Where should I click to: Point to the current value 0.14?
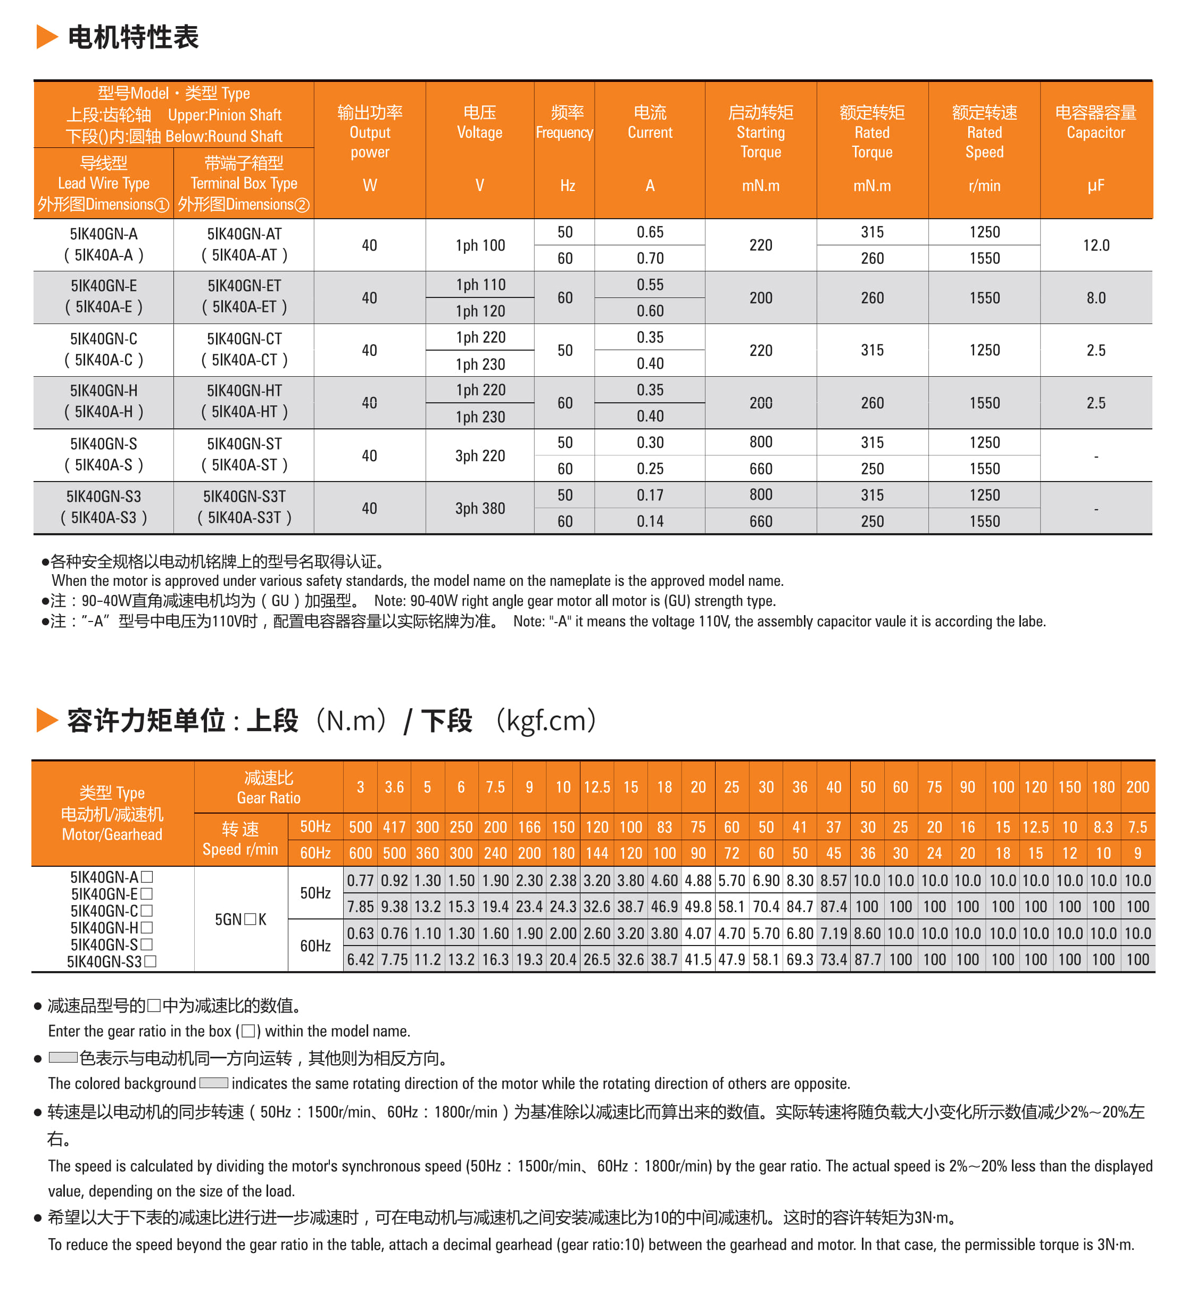650,521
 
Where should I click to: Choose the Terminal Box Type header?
244,183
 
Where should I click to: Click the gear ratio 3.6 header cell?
394,787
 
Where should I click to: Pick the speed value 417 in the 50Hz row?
394,827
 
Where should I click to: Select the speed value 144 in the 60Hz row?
597,853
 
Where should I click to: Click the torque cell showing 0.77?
361,880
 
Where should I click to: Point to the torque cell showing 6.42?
361,959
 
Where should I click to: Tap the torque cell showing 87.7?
867,959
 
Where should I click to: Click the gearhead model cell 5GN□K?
241,919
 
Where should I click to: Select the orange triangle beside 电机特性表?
47,37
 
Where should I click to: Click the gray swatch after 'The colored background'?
213,1083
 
